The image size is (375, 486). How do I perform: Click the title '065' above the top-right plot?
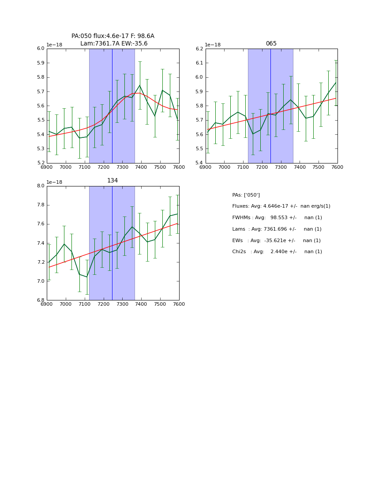pyautogui.click(x=271, y=44)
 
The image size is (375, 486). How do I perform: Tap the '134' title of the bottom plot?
pyautogui.click(x=112, y=181)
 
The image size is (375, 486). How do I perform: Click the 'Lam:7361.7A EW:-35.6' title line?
pyautogui.click(x=114, y=44)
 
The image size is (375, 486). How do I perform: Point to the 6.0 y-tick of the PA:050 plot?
pyautogui.click(x=41, y=49)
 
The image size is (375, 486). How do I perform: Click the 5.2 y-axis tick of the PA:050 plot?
pyautogui.click(x=41, y=163)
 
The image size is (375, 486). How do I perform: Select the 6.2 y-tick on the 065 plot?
pyautogui.click(x=199, y=49)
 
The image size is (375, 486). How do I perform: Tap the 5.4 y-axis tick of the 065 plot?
pyautogui.click(x=199, y=163)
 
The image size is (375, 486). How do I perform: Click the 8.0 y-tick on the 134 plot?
pyautogui.click(x=41, y=186)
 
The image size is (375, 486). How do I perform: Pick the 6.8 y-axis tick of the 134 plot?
pyautogui.click(x=41, y=300)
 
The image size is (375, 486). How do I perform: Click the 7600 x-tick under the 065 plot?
pyautogui.click(x=337, y=167)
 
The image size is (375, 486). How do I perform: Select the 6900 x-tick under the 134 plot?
pyautogui.click(x=47, y=304)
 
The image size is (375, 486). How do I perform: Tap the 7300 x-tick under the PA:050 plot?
pyautogui.click(x=122, y=167)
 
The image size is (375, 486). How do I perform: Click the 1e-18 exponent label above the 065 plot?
pyautogui.click(x=213, y=45)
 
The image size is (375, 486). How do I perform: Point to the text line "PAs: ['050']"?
pyautogui.click(x=246, y=195)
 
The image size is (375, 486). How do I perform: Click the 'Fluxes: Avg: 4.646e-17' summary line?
pyautogui.click(x=281, y=206)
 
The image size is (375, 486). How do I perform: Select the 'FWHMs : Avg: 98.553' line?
pyautogui.click(x=277, y=218)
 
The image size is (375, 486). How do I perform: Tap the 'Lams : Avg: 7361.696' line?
pyautogui.click(x=277, y=229)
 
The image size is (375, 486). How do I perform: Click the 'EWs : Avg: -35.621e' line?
pyautogui.click(x=276, y=241)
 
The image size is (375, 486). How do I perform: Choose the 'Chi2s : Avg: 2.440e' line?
pyautogui.click(x=277, y=252)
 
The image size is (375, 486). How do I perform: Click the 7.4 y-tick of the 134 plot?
pyautogui.click(x=41, y=243)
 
